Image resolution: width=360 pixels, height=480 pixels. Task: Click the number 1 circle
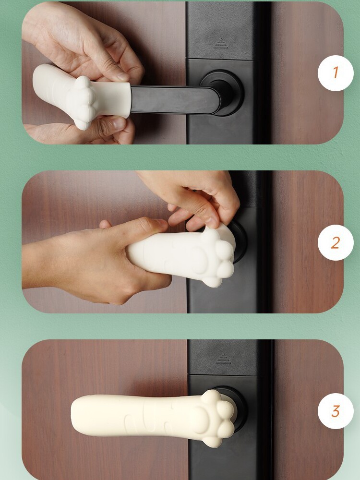(x=336, y=73)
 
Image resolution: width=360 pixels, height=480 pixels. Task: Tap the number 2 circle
(x=336, y=242)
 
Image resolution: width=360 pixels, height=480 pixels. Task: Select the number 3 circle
(x=336, y=411)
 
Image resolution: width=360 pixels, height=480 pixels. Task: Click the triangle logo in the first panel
(x=221, y=43)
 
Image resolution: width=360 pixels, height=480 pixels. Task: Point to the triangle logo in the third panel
(x=223, y=359)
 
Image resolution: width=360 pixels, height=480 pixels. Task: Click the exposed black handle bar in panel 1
(x=175, y=100)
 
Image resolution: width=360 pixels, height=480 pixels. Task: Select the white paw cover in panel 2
(x=180, y=256)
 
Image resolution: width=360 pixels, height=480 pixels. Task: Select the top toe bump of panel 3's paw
(x=211, y=397)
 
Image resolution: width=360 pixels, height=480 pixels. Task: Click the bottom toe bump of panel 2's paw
(x=211, y=281)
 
